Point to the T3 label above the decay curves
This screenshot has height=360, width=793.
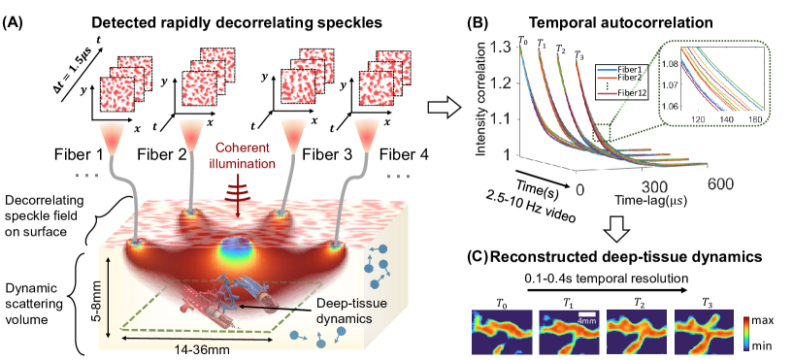point(580,55)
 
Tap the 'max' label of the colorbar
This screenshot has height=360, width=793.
point(773,316)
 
